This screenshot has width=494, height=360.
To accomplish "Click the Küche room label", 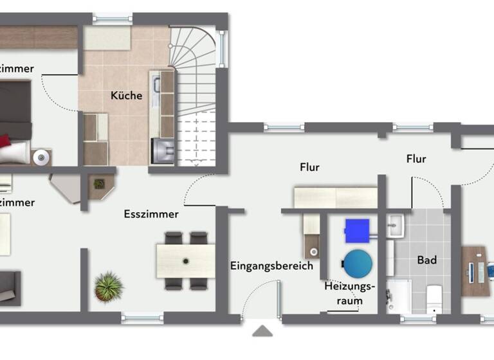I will point(126,96).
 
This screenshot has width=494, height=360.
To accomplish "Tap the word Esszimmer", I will point(151,214).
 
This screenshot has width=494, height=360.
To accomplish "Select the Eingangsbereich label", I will point(271,265).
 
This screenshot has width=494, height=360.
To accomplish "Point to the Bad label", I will point(426,260).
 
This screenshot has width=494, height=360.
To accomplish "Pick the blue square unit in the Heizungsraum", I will point(357,231).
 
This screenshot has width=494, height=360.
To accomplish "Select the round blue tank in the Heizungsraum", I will point(357,263).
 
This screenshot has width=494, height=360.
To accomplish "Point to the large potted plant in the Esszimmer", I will point(108,286).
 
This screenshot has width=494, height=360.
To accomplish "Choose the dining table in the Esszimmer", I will point(185,260).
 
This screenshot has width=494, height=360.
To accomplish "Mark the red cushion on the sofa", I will point(5,141).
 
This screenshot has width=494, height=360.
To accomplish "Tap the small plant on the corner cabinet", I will point(99,184).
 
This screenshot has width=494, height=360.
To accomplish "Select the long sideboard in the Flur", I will point(335,197).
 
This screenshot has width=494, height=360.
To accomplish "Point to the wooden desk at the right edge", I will point(475,271).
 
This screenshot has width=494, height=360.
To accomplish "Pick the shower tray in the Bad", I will point(399,296).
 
